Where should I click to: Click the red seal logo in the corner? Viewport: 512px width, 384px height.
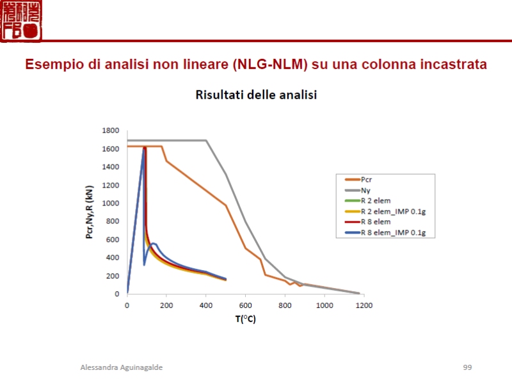tap(22, 21)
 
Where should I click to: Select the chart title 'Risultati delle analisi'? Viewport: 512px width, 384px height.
tap(256, 95)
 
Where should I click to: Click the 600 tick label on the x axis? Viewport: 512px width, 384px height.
tap(245, 305)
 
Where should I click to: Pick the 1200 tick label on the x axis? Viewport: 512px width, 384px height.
tap(364, 305)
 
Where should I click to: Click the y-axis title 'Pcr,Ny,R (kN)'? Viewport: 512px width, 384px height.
tap(90, 212)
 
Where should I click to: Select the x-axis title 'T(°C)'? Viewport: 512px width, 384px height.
tap(244, 319)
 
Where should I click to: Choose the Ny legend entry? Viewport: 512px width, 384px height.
tap(365, 190)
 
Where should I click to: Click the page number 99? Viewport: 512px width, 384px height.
tap(467, 367)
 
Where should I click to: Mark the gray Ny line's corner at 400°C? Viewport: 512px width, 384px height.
tap(206, 141)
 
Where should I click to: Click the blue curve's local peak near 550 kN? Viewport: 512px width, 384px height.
tap(154, 244)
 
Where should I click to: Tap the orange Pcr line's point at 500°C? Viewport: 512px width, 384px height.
tap(225, 205)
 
